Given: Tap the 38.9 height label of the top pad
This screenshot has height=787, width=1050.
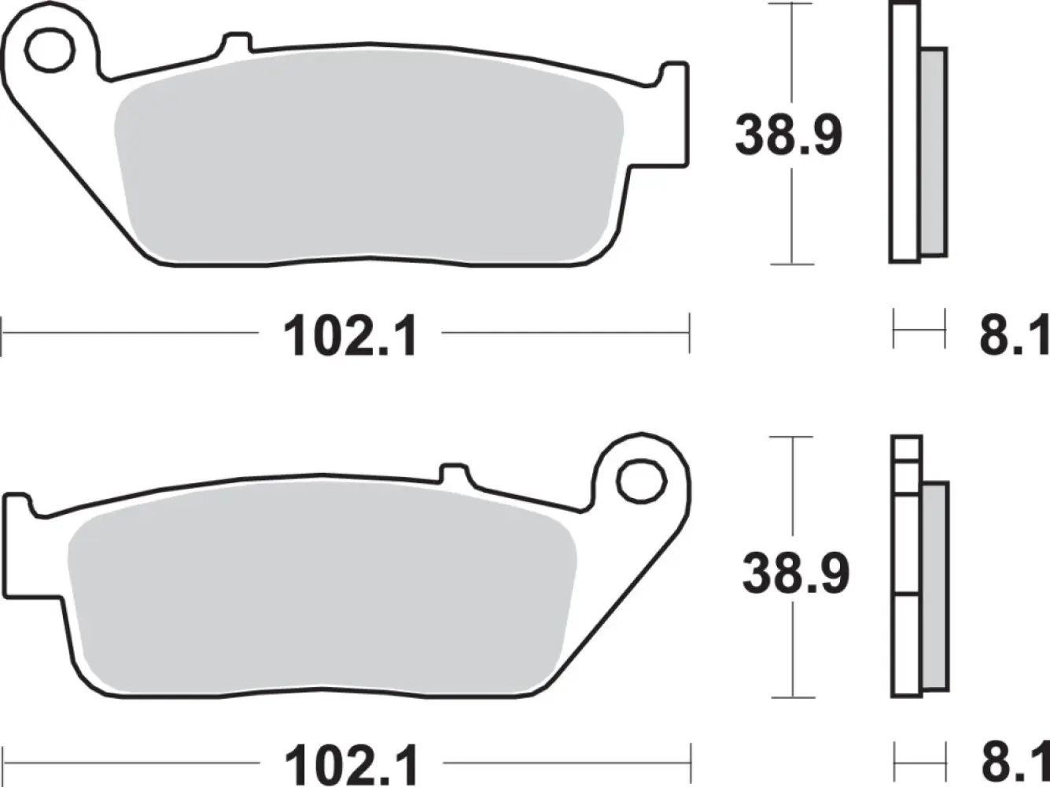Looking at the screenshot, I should (x=788, y=135).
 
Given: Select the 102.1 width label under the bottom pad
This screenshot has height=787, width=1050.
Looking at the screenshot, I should (x=349, y=767).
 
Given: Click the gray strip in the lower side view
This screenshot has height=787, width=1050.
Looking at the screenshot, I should (x=934, y=586).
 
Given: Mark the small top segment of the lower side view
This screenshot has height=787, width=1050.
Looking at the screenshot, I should (x=906, y=448).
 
